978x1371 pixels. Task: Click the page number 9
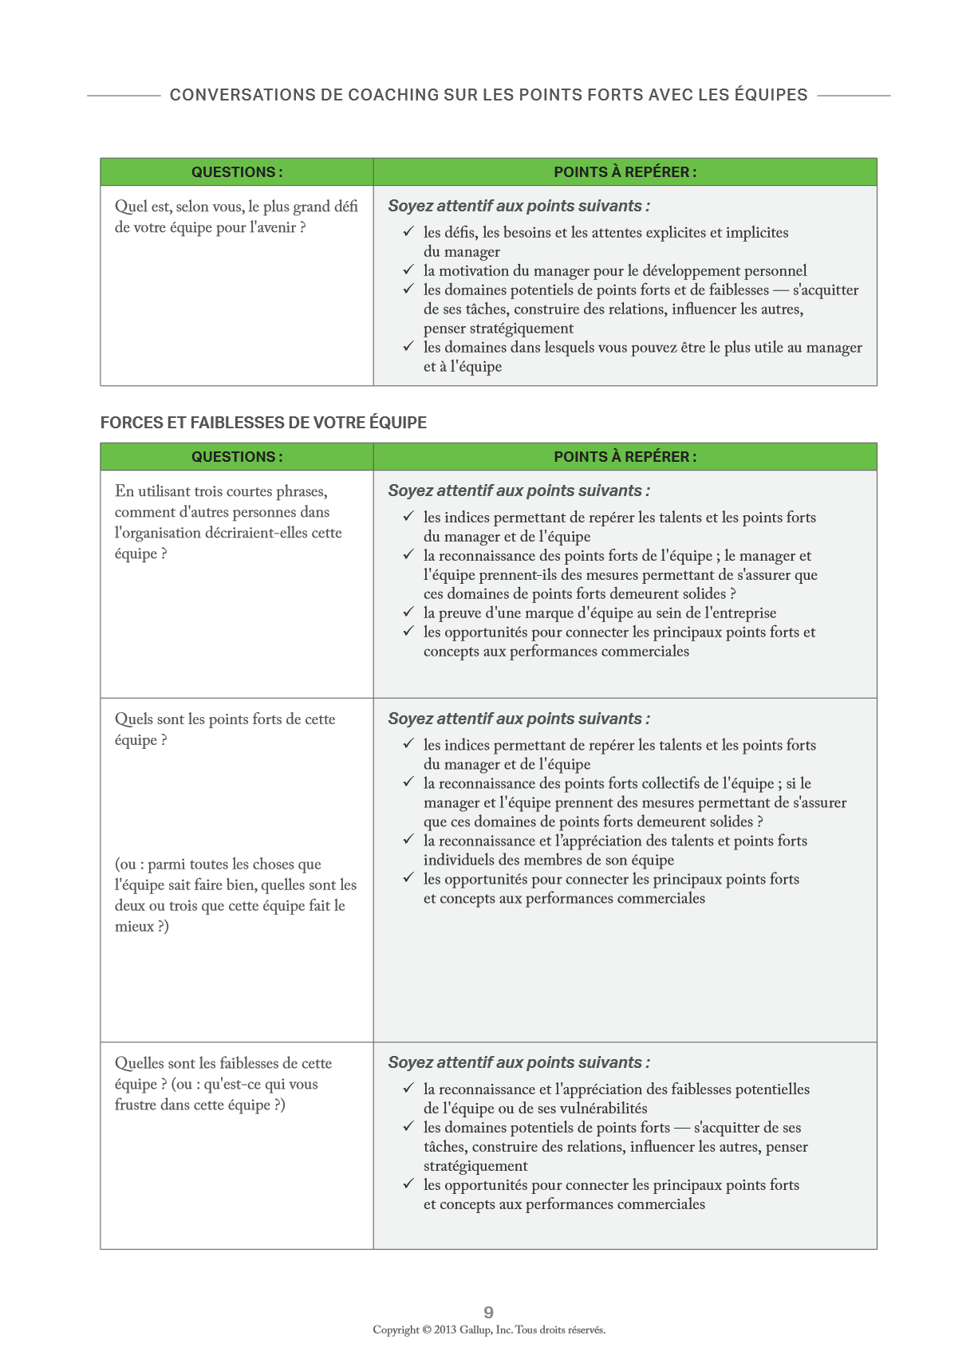coord(488,1312)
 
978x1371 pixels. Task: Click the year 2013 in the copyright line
coord(445,1330)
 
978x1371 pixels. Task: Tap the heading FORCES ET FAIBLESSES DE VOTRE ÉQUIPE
coord(263,423)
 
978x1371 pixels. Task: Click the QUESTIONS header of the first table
coord(236,172)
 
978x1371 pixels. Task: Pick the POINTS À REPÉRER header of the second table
coord(625,457)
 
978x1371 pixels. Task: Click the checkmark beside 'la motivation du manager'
coord(408,270)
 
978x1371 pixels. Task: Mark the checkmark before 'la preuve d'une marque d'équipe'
coord(408,613)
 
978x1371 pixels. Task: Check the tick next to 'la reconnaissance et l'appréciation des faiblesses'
coord(408,1089)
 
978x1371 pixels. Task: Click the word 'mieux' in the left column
coord(134,926)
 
